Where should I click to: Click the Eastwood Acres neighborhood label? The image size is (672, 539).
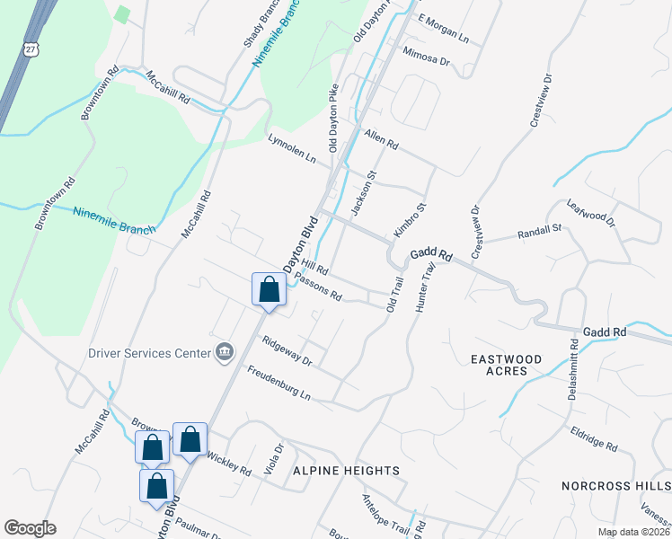point(507,365)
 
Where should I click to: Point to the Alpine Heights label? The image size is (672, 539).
point(345,471)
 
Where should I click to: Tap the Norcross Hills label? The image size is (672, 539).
point(615,485)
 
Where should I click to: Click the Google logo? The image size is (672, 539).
point(31,528)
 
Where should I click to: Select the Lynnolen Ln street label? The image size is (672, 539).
point(293,148)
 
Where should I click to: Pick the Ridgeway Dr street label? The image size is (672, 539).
point(286,350)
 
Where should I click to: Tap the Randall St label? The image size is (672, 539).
point(539,233)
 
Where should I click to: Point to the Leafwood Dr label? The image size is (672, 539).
point(590,214)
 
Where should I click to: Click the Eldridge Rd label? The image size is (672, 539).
point(594,439)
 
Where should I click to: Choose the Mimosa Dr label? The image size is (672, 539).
point(425,57)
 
